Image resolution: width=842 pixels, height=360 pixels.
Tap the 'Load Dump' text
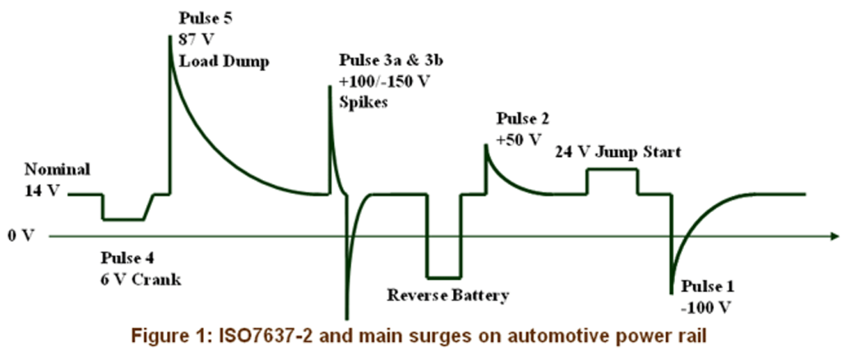(x=223, y=61)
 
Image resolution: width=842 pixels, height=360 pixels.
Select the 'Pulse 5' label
(x=206, y=16)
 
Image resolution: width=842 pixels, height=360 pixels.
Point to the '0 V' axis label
(x=21, y=236)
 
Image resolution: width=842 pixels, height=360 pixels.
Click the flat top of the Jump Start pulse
(x=612, y=169)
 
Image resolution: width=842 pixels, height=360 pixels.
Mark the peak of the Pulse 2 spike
(x=485, y=145)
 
